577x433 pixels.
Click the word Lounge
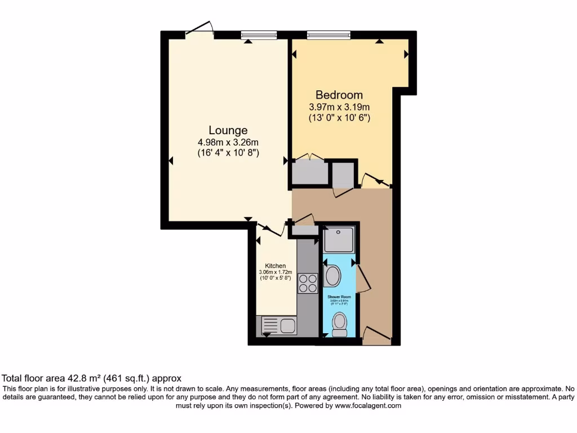pyautogui.click(x=228, y=130)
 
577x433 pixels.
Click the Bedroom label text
pyautogui.click(x=339, y=95)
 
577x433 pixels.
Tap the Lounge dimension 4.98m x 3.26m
pyautogui.click(x=228, y=142)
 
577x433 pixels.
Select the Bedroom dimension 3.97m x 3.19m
pyautogui.click(x=339, y=107)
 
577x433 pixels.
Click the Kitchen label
pyautogui.click(x=276, y=266)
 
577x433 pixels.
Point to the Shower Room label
pyautogui.click(x=339, y=297)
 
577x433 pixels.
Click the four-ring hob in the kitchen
pyautogui.click(x=308, y=282)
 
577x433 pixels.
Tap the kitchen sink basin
pyautogui.click(x=288, y=325)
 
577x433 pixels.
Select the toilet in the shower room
pyautogui.click(x=339, y=323)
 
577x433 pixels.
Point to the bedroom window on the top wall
pyautogui.click(x=328, y=34)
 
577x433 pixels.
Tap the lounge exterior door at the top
pyautogui.click(x=200, y=29)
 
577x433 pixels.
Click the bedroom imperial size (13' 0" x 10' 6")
pyautogui.click(x=339, y=118)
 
